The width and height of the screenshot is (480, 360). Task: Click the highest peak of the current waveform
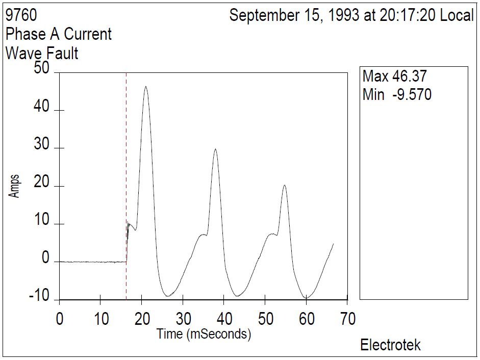[146, 87]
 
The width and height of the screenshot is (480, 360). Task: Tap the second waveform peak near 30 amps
[215, 149]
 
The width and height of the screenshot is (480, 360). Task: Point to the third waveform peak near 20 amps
[285, 186]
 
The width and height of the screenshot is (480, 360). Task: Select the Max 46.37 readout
[394, 76]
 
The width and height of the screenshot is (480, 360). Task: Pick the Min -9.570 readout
[397, 94]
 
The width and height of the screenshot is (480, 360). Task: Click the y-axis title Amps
[15, 186]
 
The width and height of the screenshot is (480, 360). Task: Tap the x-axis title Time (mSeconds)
[204, 334]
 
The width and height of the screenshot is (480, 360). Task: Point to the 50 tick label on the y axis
[41, 70]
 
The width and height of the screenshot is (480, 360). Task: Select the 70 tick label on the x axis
[347, 319]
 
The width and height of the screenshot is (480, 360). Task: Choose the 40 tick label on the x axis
[224, 319]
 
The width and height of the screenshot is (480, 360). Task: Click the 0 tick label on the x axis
[60, 319]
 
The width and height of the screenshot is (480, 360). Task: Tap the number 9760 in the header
[21, 16]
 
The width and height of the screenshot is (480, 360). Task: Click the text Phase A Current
[58, 34]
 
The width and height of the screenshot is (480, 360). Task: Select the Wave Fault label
[42, 53]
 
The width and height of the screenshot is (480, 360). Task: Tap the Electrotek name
[391, 345]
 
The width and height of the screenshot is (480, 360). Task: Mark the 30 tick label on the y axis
[41, 145]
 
